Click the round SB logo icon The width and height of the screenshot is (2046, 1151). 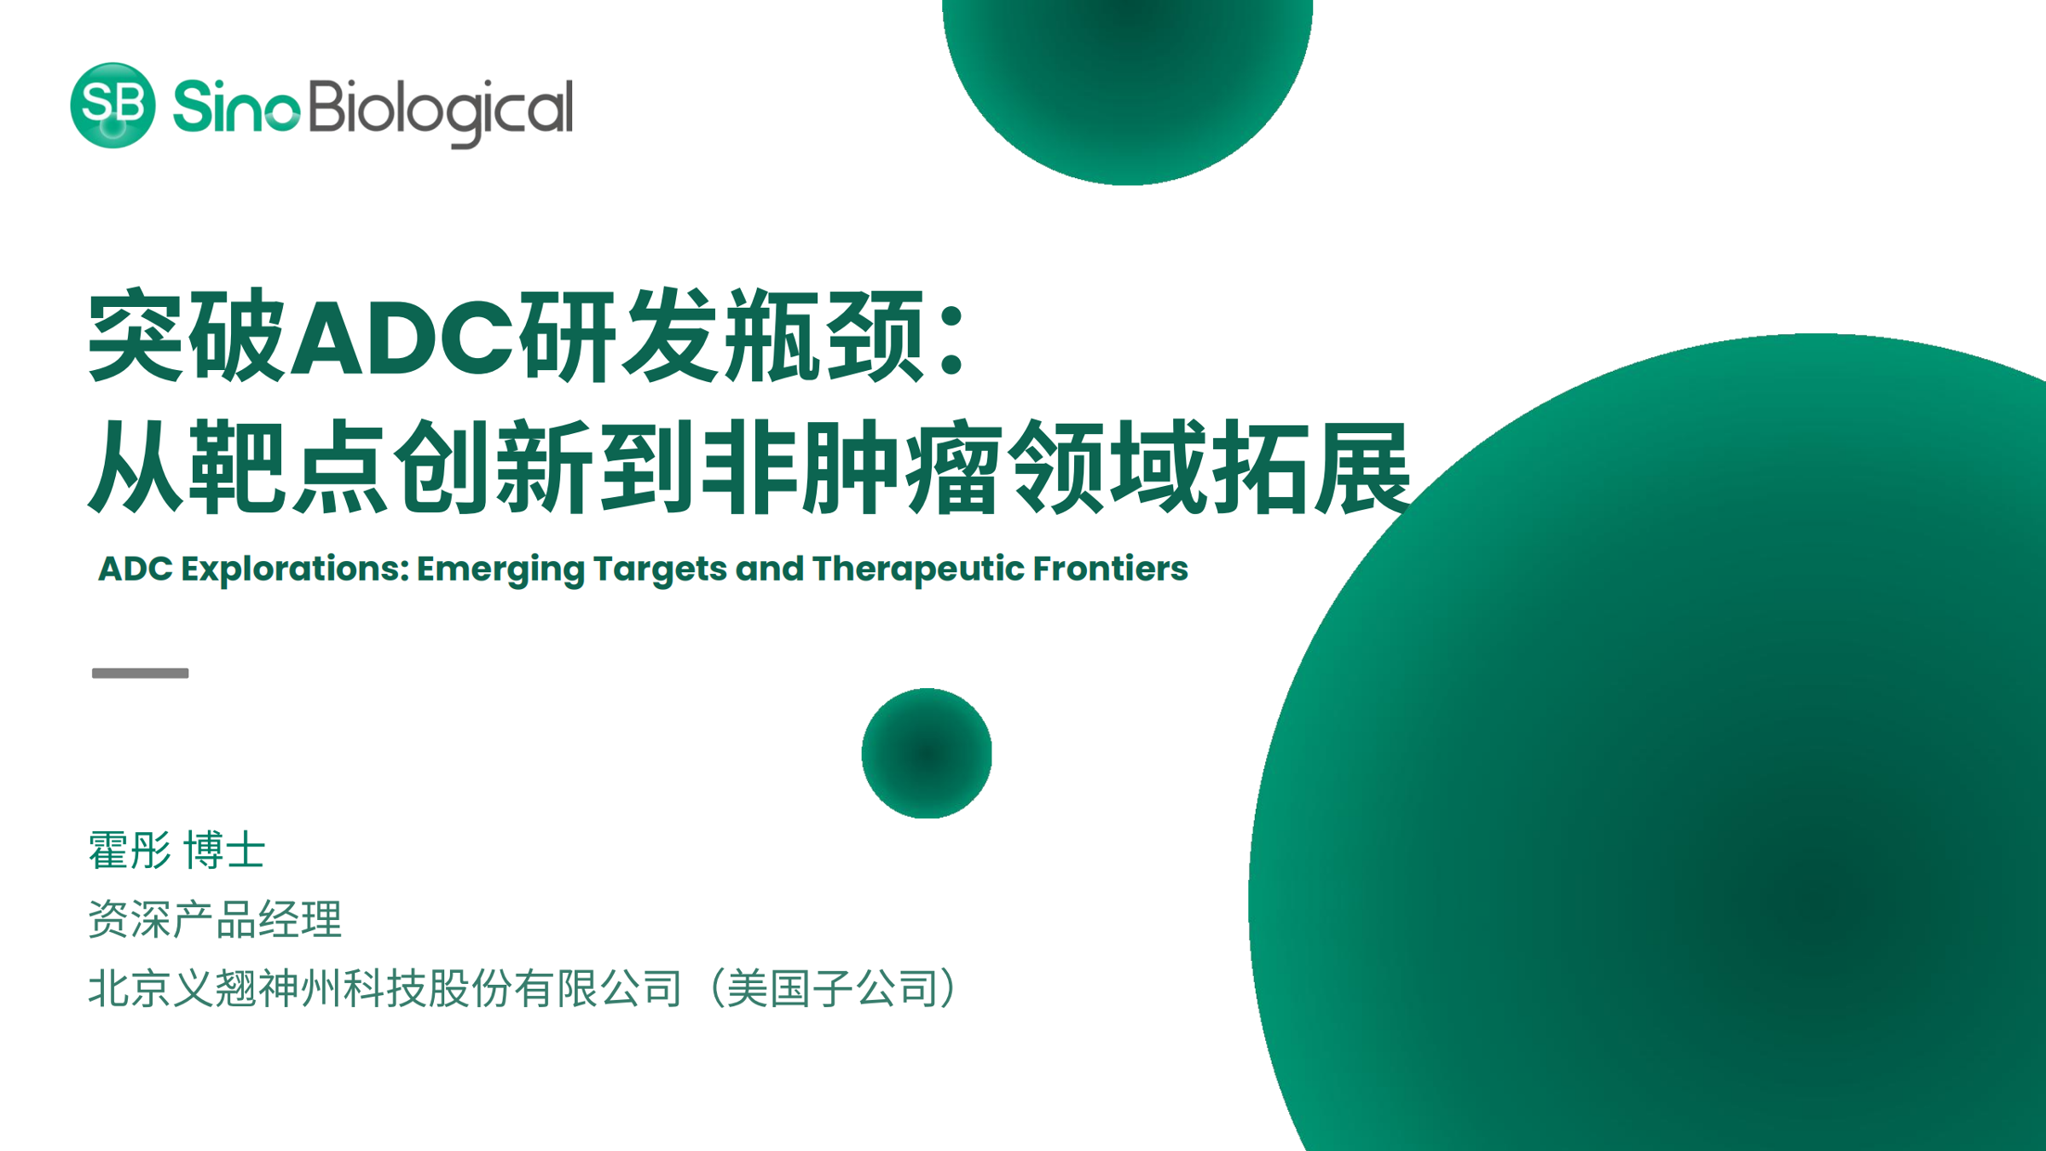tap(113, 105)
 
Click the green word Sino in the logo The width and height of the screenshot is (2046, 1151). tap(236, 107)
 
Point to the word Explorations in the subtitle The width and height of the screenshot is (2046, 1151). tap(296, 570)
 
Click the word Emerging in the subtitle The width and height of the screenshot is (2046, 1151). tap(500, 570)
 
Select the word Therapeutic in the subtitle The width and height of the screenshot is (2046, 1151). tap(918, 569)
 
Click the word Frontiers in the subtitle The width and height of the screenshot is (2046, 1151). tap(1111, 569)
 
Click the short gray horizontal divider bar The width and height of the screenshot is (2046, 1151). tap(141, 673)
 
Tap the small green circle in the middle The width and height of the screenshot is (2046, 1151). tap(927, 754)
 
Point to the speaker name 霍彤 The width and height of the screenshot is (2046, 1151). tap(130, 851)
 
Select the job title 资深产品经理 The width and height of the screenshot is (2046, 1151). tap(215, 919)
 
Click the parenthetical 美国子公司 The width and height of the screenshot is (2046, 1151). tap(833, 988)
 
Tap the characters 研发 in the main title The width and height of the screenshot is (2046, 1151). tap(618, 335)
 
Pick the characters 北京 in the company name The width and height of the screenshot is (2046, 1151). tap(130, 988)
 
